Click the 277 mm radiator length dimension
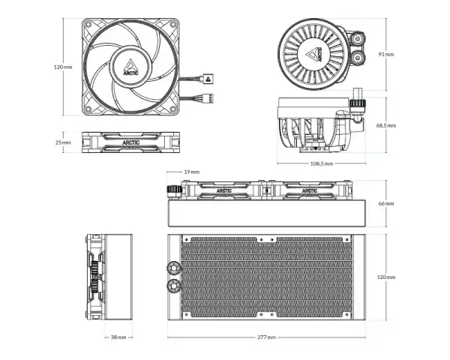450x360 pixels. coord(266,337)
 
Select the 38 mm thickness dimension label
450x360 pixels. coord(118,337)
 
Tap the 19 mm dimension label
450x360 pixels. coord(192,172)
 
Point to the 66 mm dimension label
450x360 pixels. coord(386,203)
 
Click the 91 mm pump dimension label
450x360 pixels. coord(386,54)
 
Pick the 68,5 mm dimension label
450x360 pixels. coord(386,125)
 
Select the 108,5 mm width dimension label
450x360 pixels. coord(322,163)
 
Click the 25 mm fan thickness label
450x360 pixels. coord(63,142)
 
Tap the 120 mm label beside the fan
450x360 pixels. coord(63,67)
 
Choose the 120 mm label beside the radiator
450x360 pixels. coord(386,277)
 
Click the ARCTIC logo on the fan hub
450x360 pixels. coord(130,67)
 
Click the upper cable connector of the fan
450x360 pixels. coord(208,78)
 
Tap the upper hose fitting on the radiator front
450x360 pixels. coord(173,268)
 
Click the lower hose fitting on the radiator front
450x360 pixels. coord(173,285)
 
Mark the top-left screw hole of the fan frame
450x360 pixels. coord(88,25)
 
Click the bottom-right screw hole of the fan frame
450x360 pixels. coord(172,109)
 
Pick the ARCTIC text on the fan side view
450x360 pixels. coord(130,142)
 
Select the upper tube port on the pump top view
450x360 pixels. coord(358,39)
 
